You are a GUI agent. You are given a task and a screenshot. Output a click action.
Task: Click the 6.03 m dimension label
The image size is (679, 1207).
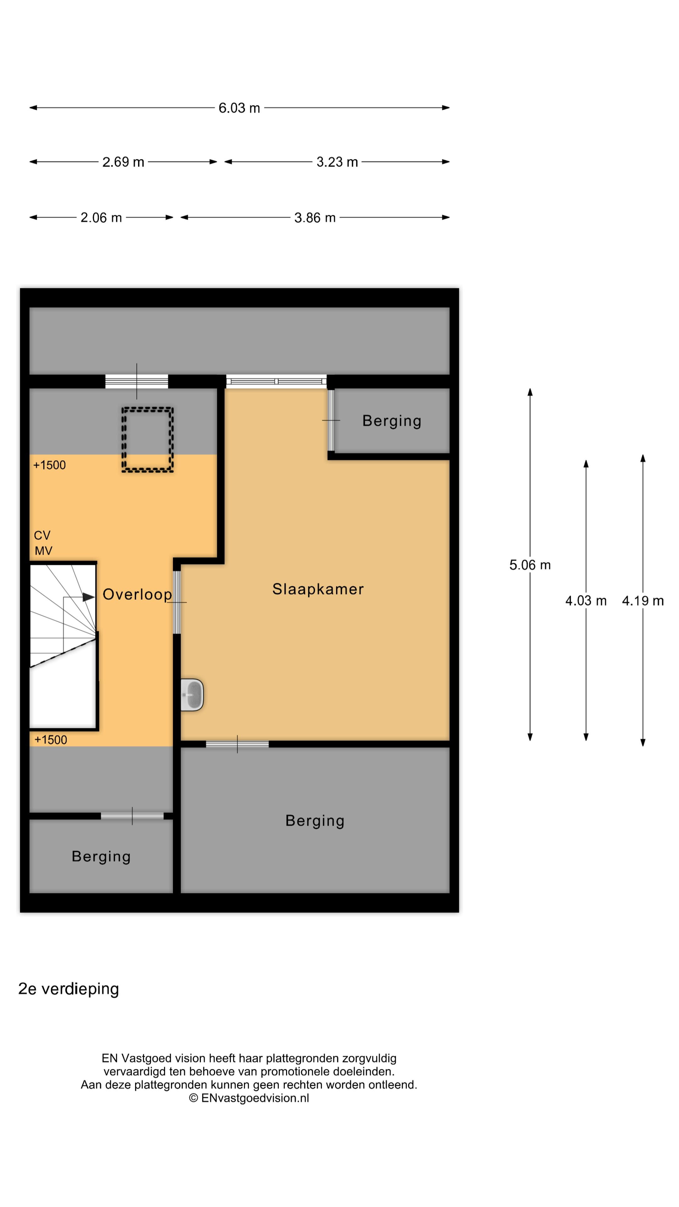[x=239, y=108]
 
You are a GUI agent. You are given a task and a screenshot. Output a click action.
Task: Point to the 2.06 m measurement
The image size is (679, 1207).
[x=101, y=218]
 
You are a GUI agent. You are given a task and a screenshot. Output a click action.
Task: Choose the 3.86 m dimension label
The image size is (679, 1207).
[x=315, y=218]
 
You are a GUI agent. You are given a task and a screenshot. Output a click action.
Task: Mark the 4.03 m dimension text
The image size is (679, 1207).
[x=586, y=601]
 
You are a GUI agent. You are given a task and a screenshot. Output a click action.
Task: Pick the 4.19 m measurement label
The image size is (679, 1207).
[x=643, y=601]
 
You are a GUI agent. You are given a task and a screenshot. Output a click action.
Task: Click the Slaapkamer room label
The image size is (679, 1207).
[x=318, y=589]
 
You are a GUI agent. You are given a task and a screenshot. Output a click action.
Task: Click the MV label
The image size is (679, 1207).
[x=44, y=551]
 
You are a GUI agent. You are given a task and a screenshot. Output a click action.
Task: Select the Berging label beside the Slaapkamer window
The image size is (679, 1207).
[x=392, y=421]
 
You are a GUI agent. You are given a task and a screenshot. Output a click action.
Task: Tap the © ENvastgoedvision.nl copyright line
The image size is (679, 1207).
[x=249, y=1098]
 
